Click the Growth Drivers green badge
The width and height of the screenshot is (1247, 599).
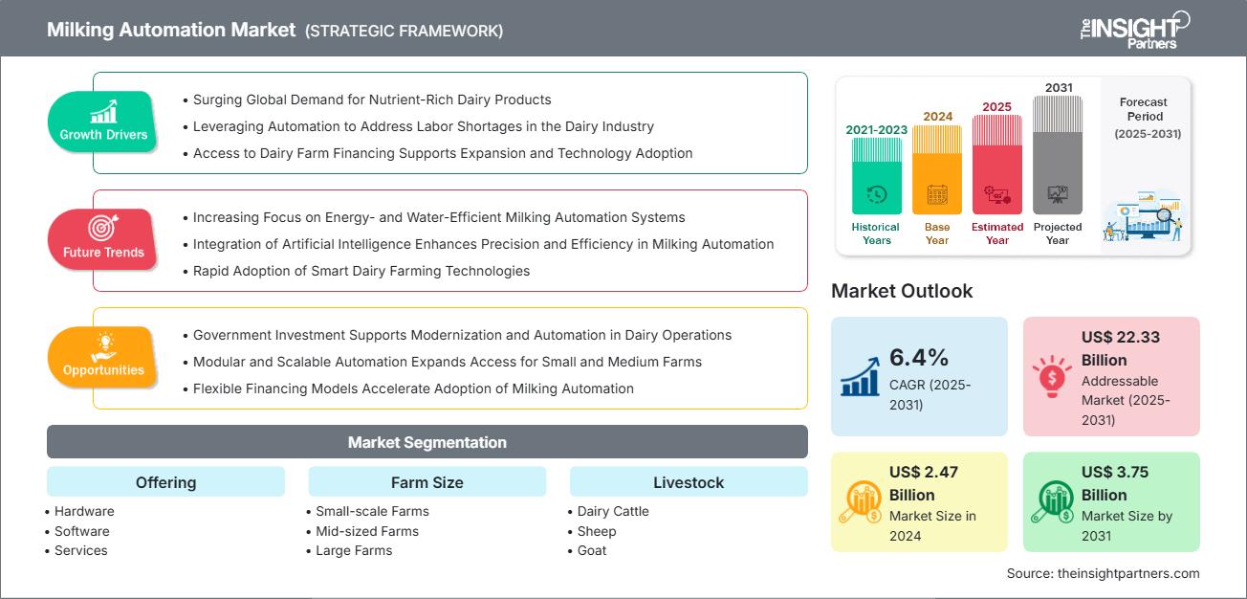click(x=103, y=122)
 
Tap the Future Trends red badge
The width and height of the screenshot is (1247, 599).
click(x=103, y=239)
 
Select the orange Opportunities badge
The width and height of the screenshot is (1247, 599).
click(x=103, y=357)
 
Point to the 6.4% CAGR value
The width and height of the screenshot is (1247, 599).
click(x=918, y=358)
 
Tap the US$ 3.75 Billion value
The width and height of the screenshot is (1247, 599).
click(x=1115, y=483)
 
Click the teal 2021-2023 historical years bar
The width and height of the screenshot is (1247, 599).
click(x=876, y=176)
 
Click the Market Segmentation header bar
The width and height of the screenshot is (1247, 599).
click(x=427, y=442)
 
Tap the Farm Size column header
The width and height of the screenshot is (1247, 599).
click(x=427, y=482)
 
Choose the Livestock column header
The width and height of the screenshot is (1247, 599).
click(x=688, y=482)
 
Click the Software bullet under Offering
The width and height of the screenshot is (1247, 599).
click(x=81, y=531)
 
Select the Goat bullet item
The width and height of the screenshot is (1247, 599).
click(x=592, y=550)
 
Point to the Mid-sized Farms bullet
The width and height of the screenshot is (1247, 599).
click(x=367, y=531)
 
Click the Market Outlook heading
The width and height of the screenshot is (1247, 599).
click(x=902, y=291)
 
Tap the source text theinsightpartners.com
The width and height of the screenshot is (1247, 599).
click(x=1103, y=573)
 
